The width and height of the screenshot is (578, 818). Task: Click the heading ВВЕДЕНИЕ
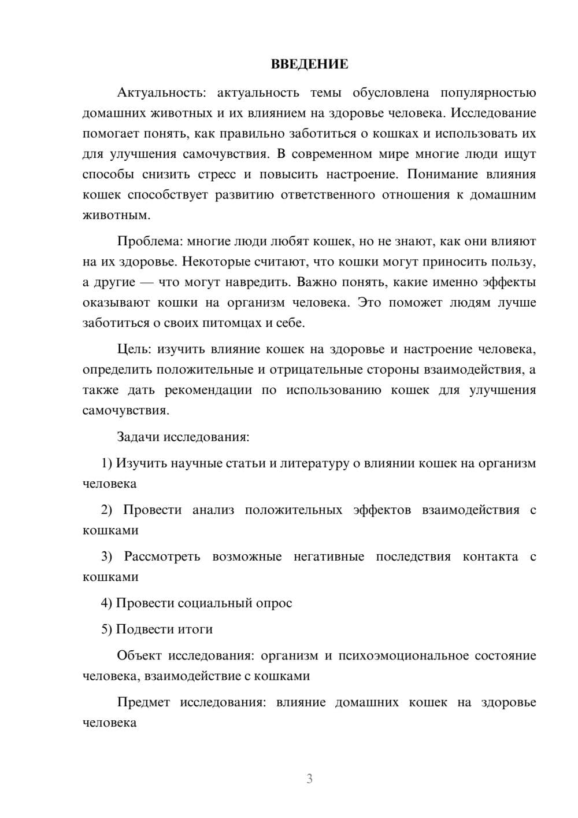[x=309, y=64]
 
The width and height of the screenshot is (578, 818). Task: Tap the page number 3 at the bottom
[x=309, y=779]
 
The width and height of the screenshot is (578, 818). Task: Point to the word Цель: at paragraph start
[x=134, y=349]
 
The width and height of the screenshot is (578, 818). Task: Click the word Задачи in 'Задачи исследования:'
[x=138, y=437]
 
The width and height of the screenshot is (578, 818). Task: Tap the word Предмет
[x=143, y=702]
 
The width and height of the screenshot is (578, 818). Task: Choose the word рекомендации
[x=208, y=390]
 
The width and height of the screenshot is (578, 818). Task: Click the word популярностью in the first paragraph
[x=488, y=93]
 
